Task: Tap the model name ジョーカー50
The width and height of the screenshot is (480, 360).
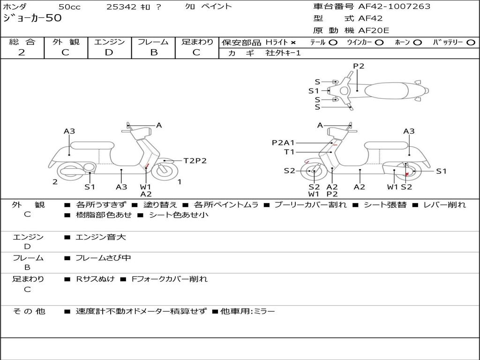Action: click(x=32, y=19)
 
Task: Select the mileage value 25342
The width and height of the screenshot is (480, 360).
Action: click(x=121, y=7)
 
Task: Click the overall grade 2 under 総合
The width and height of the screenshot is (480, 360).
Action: click(x=22, y=52)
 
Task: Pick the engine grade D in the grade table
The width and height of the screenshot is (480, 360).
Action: click(x=109, y=52)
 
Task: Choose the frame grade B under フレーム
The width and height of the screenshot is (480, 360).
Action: click(x=153, y=52)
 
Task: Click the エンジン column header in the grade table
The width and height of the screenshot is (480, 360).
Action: click(x=109, y=42)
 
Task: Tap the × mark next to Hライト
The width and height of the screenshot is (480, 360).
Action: click(x=293, y=43)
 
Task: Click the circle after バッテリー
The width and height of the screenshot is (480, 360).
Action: click(x=471, y=43)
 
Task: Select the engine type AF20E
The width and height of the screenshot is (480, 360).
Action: click(x=373, y=30)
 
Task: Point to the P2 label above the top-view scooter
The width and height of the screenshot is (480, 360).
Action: click(x=359, y=66)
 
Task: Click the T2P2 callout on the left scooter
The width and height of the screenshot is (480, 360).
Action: click(x=195, y=161)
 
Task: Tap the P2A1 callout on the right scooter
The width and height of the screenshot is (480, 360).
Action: click(x=283, y=142)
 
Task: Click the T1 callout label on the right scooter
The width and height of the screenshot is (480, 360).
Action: click(x=289, y=152)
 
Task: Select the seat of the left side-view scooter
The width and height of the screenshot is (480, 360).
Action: click(x=92, y=145)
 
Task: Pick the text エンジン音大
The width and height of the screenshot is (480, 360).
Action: click(x=101, y=237)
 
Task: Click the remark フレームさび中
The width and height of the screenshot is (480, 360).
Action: click(x=103, y=258)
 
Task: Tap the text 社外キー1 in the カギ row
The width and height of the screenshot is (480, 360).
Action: click(x=283, y=53)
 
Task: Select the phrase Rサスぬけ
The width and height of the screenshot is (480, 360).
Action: click(x=95, y=279)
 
